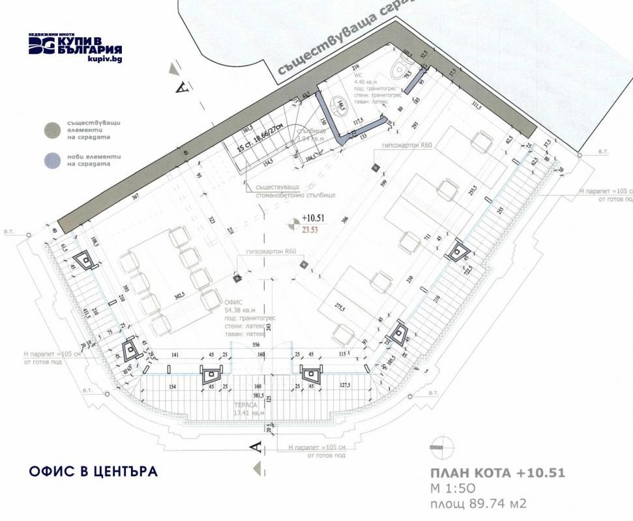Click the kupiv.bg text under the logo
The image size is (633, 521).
[104, 59]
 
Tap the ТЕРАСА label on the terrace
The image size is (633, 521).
[244, 404]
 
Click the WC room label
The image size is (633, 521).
[358, 76]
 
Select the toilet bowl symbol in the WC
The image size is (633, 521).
[399, 69]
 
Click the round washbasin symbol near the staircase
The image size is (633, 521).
[338, 104]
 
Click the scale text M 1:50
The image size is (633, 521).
[455, 488]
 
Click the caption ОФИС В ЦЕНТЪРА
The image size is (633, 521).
[93, 471]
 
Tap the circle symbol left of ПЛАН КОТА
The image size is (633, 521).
[440, 447]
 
